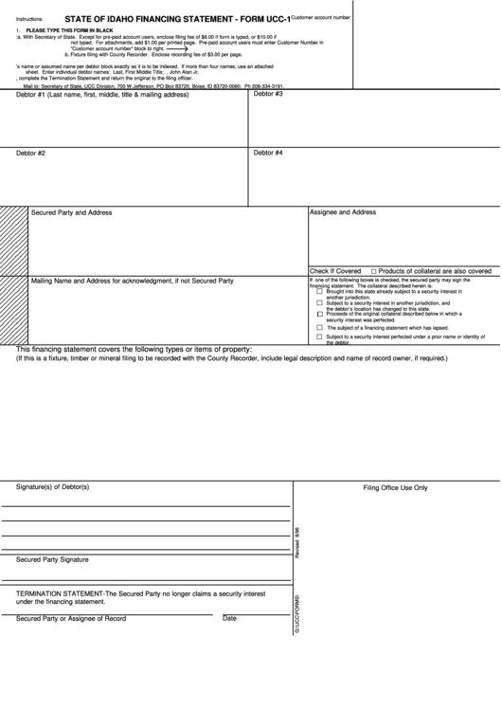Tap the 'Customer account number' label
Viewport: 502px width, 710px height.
click(x=321, y=17)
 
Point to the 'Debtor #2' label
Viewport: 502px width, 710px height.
click(x=31, y=153)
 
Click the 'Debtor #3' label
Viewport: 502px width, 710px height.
click(x=268, y=94)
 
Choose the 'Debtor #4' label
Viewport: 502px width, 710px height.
click(x=268, y=152)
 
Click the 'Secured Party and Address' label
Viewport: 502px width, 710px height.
click(x=72, y=213)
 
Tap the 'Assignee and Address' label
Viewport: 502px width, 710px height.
click(x=343, y=212)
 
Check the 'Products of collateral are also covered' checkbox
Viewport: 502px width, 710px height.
click(x=374, y=270)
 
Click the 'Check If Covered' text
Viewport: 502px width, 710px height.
click(x=335, y=270)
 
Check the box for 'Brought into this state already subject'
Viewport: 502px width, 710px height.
click(x=319, y=292)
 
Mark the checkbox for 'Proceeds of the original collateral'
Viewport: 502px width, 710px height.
click(x=319, y=314)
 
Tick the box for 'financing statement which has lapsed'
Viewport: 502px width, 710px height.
click(x=319, y=327)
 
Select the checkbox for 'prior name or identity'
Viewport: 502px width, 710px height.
click(x=319, y=337)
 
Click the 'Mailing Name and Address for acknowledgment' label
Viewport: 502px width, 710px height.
click(x=133, y=282)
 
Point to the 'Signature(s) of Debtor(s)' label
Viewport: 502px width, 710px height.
click(x=52, y=487)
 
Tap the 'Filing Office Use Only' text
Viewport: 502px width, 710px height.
click(x=396, y=487)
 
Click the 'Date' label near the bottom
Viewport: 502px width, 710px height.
click(x=229, y=618)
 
